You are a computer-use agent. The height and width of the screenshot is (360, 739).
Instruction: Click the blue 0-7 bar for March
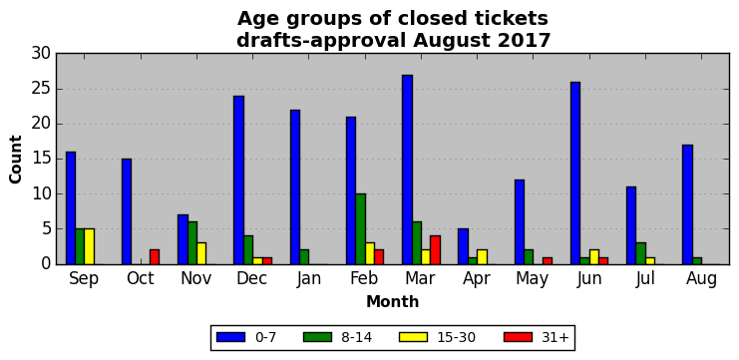pyautogui.click(x=408, y=170)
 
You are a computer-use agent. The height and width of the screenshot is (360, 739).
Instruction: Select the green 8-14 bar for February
pyautogui.click(x=361, y=229)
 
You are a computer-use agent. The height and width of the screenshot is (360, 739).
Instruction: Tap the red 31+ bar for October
pyautogui.click(x=155, y=257)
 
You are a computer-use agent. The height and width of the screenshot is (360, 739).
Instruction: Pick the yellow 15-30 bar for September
pyautogui.click(x=90, y=246)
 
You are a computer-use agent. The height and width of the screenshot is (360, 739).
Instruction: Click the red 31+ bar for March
pyautogui.click(x=436, y=249)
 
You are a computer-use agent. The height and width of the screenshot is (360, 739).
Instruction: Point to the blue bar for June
pyautogui.click(x=575, y=173)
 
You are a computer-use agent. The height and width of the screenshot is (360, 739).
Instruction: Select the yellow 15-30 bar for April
pyautogui.click(x=482, y=257)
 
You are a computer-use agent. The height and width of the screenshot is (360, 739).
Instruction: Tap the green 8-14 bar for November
pyautogui.click(x=192, y=243)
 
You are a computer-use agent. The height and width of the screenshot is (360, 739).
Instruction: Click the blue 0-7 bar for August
pyautogui.click(x=687, y=204)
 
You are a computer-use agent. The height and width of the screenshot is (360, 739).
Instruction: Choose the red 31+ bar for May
pyautogui.click(x=548, y=260)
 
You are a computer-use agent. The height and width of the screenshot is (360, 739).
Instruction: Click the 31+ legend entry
pyautogui.click(x=537, y=337)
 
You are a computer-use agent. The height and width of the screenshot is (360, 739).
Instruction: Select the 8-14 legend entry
pyautogui.click(x=337, y=337)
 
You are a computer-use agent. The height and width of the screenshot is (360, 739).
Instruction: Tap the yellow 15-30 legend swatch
pyautogui.click(x=413, y=337)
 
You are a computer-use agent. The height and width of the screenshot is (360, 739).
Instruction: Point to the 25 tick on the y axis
pyautogui.click(x=42, y=89)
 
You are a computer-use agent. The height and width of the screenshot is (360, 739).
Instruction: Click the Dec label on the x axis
pyautogui.click(x=252, y=278)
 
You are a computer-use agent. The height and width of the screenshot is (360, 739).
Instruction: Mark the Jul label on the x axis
pyautogui.click(x=645, y=278)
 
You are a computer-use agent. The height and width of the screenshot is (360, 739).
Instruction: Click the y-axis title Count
pyautogui.click(x=16, y=160)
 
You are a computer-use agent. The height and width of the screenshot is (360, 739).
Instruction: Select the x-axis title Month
pyautogui.click(x=393, y=301)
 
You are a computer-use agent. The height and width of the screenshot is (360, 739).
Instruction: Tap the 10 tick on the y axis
pyautogui.click(x=42, y=194)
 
